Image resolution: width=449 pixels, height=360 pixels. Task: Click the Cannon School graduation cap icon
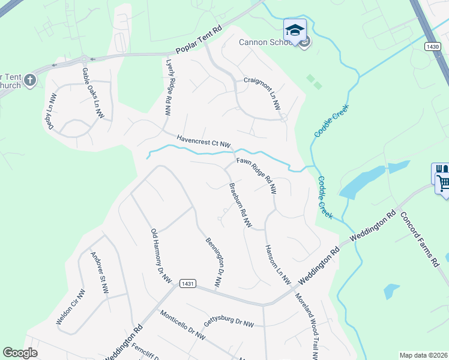[295, 30]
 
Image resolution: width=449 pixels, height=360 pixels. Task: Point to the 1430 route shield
[431, 46]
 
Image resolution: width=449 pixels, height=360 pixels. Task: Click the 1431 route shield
[188, 283]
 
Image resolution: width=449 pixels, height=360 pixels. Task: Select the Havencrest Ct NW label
[203, 141]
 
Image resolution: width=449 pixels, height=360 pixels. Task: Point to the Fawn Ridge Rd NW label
[256, 176]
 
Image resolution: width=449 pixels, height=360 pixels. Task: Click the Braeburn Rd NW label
[240, 204]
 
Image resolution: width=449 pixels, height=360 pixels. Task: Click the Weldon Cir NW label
[71, 307]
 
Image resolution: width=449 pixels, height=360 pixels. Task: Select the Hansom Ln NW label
[277, 265]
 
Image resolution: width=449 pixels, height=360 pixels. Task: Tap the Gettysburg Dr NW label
[229, 322]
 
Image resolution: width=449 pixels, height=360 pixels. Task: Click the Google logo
[20, 353]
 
